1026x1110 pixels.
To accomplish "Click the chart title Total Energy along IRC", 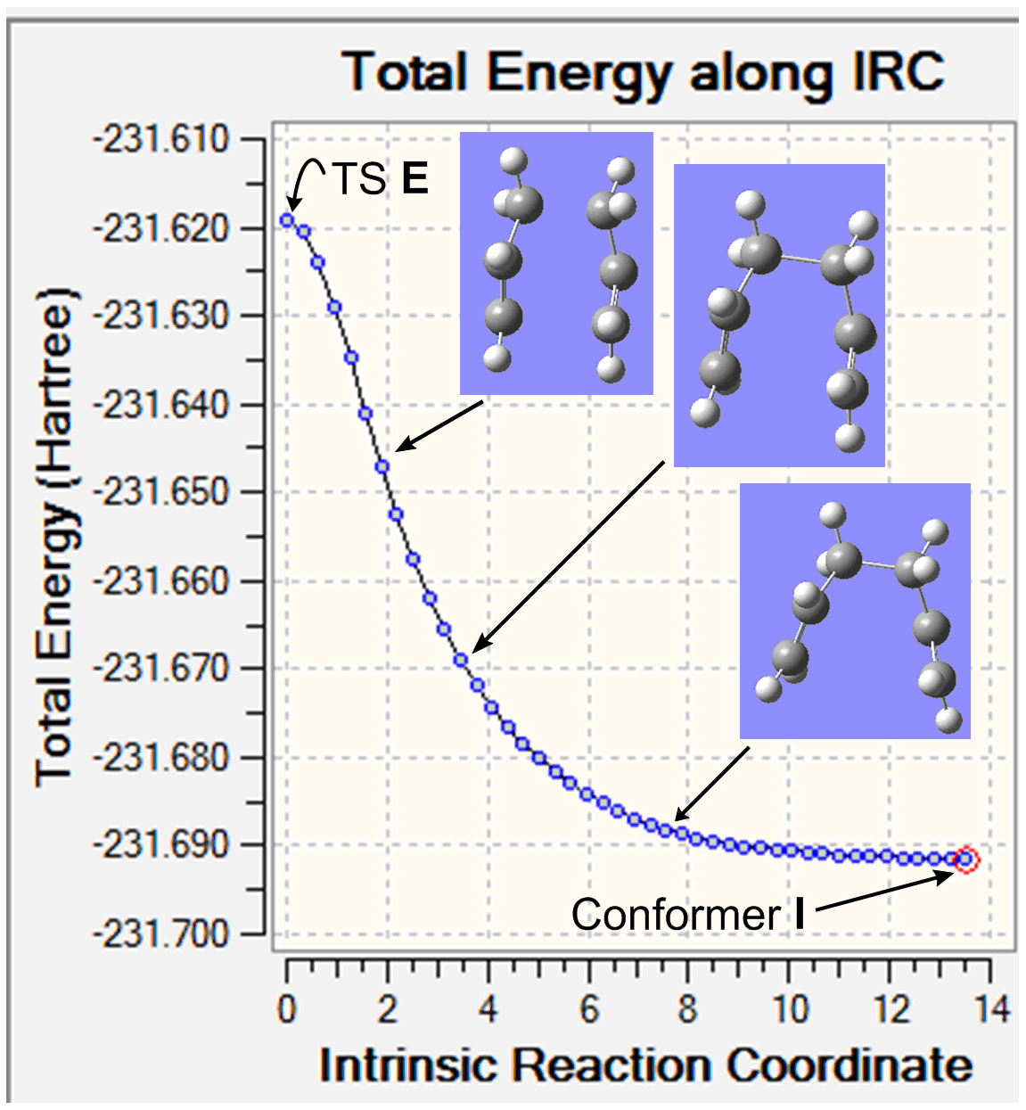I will point(644,73).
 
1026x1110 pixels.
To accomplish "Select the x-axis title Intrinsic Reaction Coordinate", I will point(645,1065).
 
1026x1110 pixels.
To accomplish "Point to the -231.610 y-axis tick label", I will point(161,140).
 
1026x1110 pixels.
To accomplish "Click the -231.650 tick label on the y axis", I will point(161,492).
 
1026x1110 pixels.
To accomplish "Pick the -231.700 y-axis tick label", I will point(161,934).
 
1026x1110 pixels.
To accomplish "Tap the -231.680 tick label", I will point(161,758).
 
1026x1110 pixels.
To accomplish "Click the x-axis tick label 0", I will point(286,1010).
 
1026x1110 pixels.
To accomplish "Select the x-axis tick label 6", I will point(588,1010).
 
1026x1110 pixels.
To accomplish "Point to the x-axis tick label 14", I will point(990,1010).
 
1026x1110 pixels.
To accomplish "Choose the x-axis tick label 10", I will point(790,1010).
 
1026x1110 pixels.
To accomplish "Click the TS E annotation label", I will point(381,179).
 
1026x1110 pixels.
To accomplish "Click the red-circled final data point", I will point(965,859).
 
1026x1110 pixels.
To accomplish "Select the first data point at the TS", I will point(287,219).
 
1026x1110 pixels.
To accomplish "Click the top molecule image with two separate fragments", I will point(556,263).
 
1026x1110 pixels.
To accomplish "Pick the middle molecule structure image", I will point(779,315).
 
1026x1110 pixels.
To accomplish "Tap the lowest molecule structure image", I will point(855,611).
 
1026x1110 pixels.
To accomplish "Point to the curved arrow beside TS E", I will point(306,181).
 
